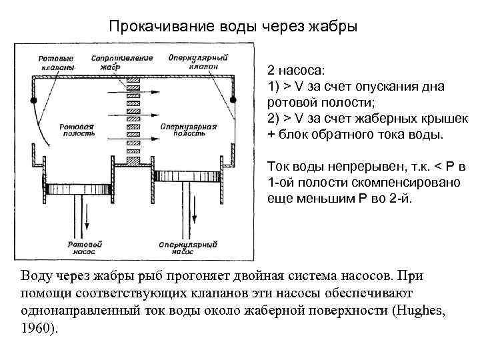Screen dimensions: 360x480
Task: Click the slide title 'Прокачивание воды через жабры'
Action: click(x=233, y=27)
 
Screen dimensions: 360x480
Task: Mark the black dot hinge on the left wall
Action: click(x=33, y=100)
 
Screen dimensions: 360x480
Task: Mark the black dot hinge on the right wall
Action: click(x=233, y=100)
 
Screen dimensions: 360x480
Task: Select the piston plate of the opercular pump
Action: click(x=182, y=175)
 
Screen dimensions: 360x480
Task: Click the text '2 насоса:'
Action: click(x=297, y=69)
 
